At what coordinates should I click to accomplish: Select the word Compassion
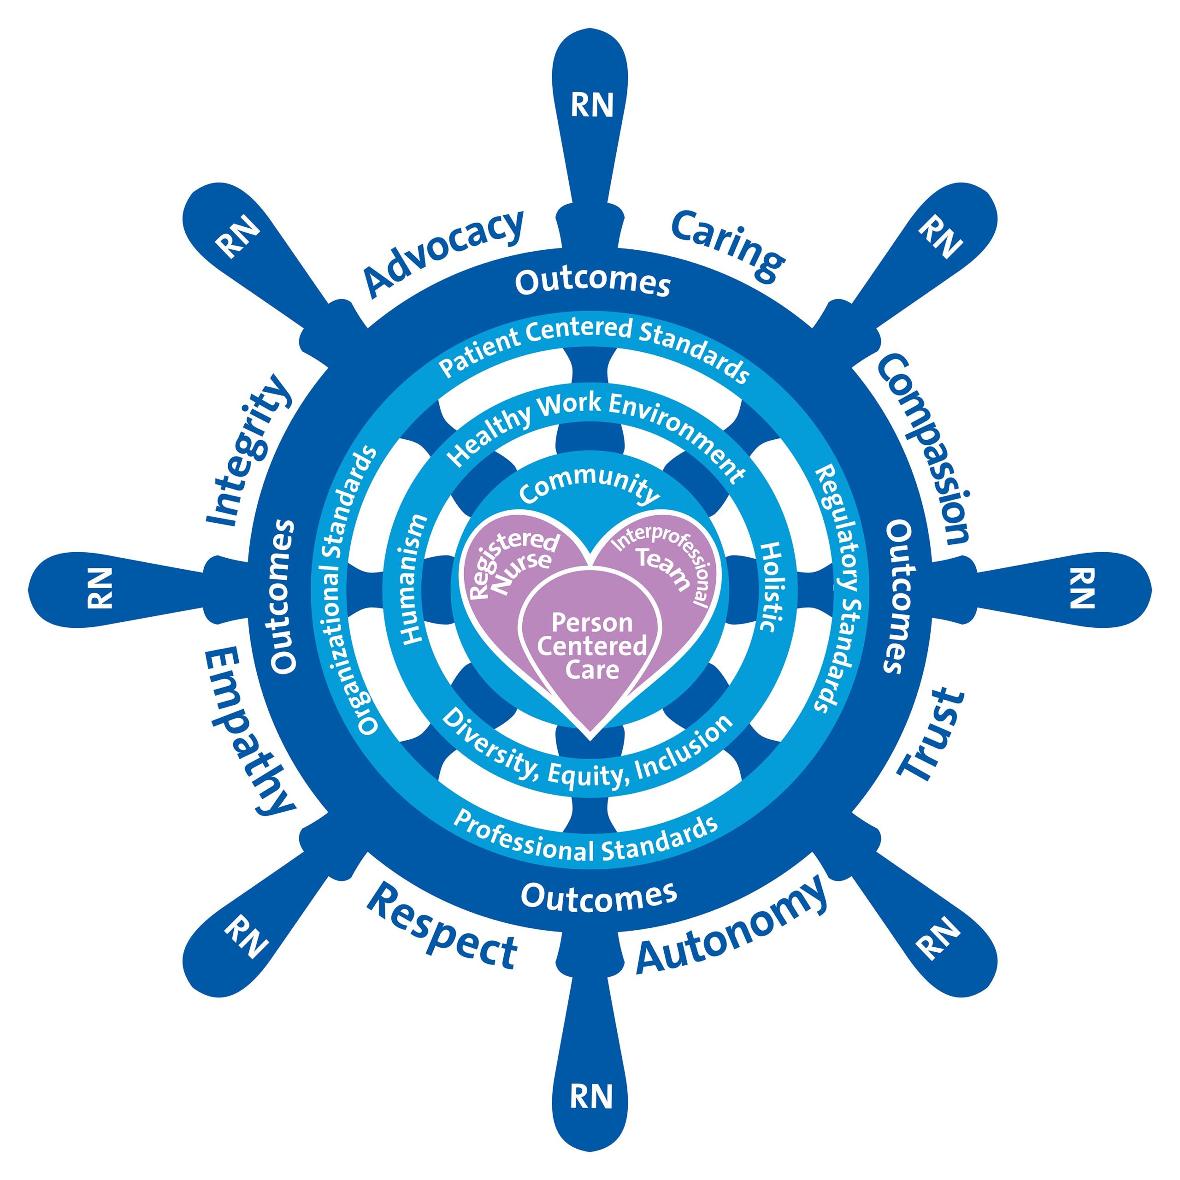click(922, 449)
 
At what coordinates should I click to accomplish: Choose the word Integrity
click(248, 449)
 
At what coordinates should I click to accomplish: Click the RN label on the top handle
click(591, 105)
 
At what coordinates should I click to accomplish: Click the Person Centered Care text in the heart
click(591, 646)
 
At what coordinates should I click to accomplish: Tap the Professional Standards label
click(586, 838)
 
